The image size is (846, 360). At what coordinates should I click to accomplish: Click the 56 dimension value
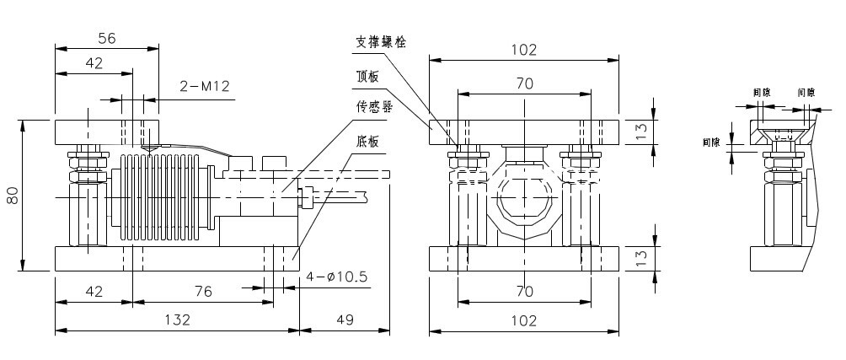pyautogui.click(x=106, y=38)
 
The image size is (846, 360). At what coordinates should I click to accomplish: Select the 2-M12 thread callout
pyautogui.click(x=205, y=85)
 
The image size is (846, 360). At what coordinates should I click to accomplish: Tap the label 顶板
pyautogui.click(x=368, y=76)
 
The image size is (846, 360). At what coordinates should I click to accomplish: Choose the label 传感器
pyautogui.click(x=374, y=108)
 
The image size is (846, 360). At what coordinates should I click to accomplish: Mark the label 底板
pyautogui.click(x=368, y=141)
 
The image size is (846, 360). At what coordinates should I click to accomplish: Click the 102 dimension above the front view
pyautogui.click(x=523, y=50)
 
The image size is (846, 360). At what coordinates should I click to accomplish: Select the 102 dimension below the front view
pyautogui.click(x=523, y=320)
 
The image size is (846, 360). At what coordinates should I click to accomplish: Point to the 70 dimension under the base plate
pyautogui.click(x=523, y=291)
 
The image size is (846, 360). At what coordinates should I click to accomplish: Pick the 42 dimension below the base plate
pyautogui.click(x=94, y=291)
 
